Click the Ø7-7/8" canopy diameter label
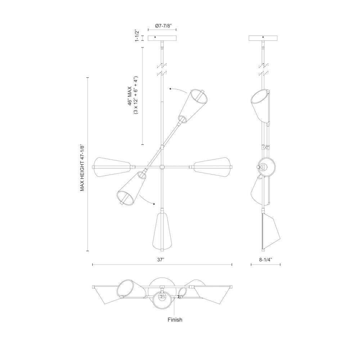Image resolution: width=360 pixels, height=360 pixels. tap(163, 26)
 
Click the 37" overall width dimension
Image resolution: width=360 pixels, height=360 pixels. tap(161, 259)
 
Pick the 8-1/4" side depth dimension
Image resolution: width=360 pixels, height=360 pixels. tap(265, 259)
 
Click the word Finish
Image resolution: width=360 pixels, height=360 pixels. tap(175, 319)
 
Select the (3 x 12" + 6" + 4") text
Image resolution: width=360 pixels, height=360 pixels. tap(135, 95)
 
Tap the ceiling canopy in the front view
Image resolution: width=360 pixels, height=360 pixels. tap(162, 38)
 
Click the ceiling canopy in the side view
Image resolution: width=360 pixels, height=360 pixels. tap(264, 38)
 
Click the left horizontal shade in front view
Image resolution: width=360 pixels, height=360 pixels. tap(111, 167)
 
